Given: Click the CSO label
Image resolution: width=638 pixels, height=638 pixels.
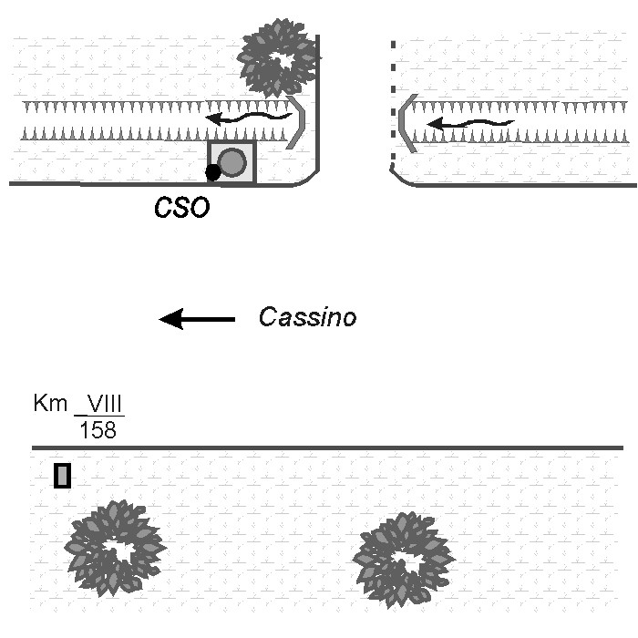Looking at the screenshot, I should click(181, 208).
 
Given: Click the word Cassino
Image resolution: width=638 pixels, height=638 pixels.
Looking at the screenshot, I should click(306, 317).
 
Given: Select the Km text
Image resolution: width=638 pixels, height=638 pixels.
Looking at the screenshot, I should click(50, 403).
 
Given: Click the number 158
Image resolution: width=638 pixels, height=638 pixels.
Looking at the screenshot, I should click(98, 429).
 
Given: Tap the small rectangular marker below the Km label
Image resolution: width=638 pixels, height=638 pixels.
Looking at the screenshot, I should click(62, 476).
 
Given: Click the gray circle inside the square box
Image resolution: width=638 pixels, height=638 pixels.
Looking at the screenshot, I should click(233, 161).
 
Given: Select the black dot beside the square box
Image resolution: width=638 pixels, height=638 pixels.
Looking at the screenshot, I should click(212, 171).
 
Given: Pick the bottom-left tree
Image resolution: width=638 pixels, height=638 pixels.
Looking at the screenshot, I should click(114, 549).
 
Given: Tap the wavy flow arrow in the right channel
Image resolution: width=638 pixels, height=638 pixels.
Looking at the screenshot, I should click(470, 122).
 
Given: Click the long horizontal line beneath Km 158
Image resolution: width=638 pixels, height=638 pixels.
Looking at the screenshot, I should click(328, 448).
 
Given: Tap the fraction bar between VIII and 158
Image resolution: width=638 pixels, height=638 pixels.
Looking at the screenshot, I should click(98, 416).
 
